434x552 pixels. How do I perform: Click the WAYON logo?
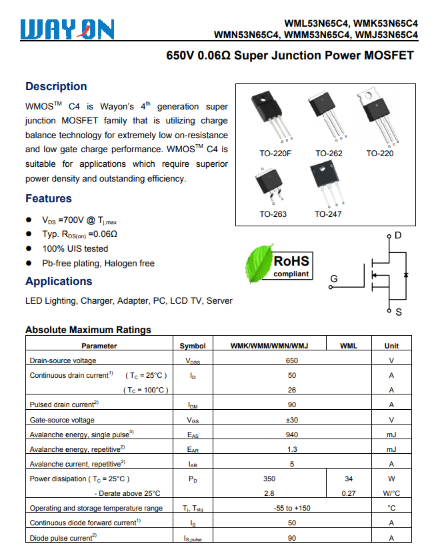point(67,29)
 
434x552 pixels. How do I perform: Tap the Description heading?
point(56,86)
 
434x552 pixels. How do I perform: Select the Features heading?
point(49,198)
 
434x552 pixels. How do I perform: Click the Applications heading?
point(59,281)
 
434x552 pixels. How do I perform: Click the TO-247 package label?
point(327,214)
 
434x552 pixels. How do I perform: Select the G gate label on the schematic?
point(334,278)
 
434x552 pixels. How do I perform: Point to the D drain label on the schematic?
point(398,236)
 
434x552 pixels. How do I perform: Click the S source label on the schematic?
point(399,312)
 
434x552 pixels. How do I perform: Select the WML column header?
point(349,346)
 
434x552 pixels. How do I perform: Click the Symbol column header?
point(193,346)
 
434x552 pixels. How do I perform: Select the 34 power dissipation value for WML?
point(349,479)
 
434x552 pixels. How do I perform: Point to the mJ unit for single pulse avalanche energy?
point(391,435)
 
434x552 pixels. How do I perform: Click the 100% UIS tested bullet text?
point(75,249)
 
